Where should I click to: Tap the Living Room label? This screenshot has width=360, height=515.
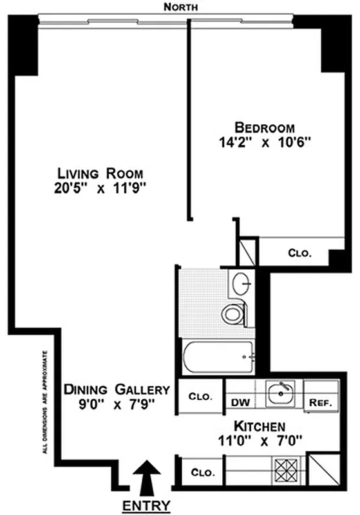(x=100, y=173)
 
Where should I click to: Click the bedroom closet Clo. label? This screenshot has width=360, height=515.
(x=299, y=253)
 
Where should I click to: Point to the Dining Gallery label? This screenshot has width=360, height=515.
(x=117, y=389)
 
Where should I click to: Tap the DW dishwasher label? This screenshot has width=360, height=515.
(x=240, y=403)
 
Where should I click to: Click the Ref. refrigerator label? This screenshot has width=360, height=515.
(x=320, y=403)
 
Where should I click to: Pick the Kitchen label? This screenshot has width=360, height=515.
(x=260, y=426)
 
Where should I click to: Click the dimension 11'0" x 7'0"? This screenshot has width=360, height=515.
(x=260, y=442)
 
